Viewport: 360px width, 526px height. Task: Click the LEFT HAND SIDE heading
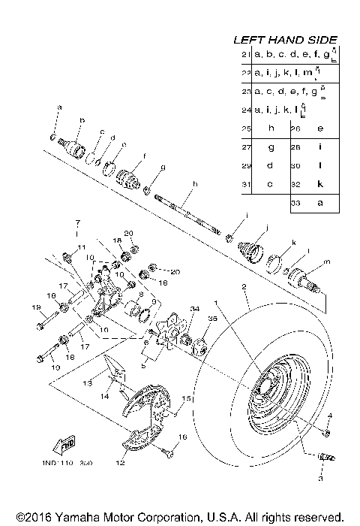tap(286, 39)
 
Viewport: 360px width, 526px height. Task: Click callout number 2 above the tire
tap(244, 287)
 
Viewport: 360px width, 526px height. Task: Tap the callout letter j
tap(265, 227)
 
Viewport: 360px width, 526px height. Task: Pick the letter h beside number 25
tap(268, 128)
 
